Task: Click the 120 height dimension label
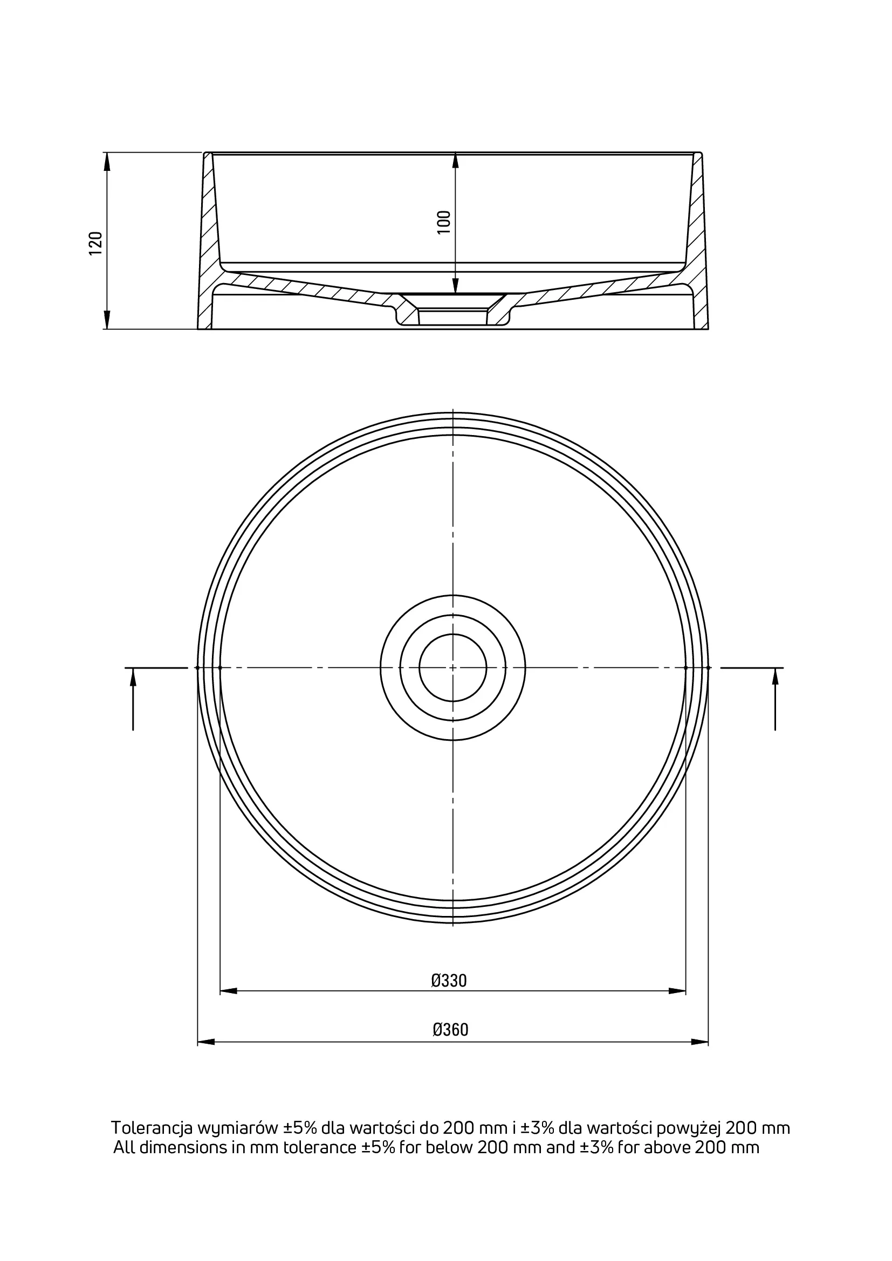click(x=95, y=243)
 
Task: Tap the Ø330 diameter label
click(x=449, y=980)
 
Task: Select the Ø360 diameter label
click(x=450, y=1029)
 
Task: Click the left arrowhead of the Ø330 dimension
click(x=229, y=991)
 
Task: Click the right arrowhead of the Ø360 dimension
click(x=699, y=1042)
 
